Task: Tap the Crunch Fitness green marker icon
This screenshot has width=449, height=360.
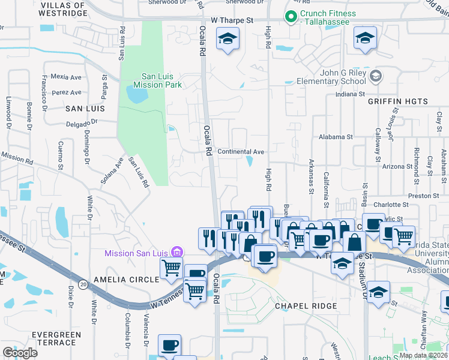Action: tap(291, 18)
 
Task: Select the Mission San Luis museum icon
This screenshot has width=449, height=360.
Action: tap(176, 253)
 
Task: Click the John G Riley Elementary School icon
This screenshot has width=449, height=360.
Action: tap(376, 76)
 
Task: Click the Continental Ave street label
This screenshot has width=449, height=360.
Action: tap(241, 152)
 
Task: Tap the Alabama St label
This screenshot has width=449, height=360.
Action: tap(336, 137)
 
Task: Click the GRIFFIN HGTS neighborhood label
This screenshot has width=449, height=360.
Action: tap(398, 101)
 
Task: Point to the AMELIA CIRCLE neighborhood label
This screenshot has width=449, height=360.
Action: tap(135, 280)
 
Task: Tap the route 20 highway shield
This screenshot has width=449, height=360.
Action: tap(83, 283)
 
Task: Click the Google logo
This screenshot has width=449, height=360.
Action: tap(20, 353)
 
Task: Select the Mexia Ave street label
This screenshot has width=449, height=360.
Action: tap(66, 77)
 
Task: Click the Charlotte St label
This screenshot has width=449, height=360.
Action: tap(390, 205)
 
